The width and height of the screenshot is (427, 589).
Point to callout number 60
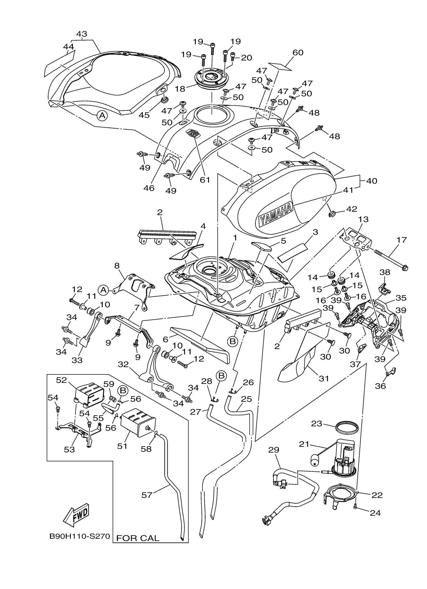298,53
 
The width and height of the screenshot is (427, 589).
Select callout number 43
82,34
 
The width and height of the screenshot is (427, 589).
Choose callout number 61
205,179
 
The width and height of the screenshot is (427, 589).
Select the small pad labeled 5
261,245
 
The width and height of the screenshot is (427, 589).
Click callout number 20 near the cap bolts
246,58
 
